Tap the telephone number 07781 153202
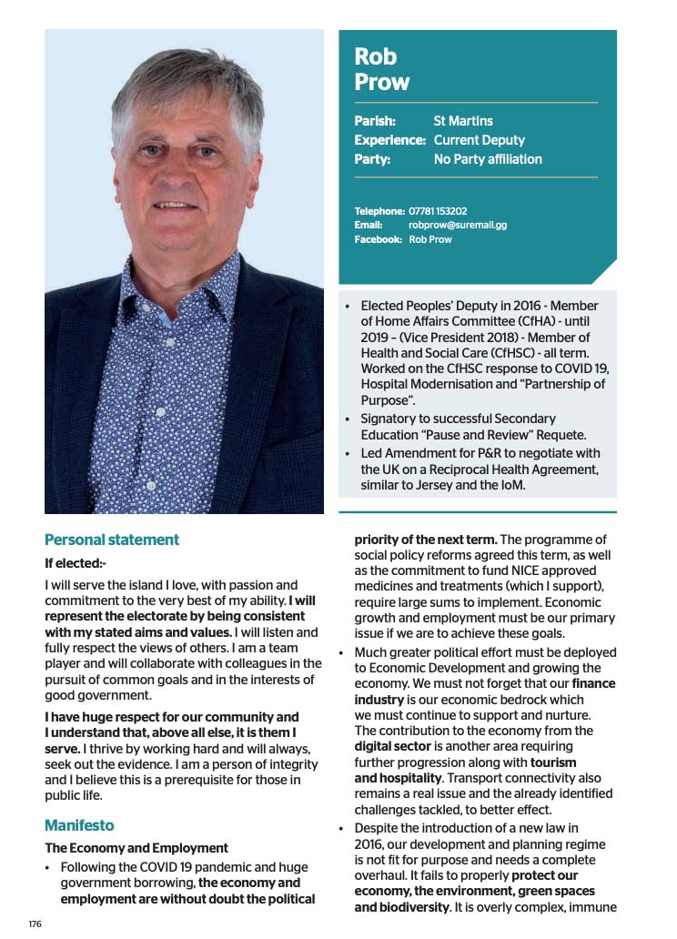pos(438,211)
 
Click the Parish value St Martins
pos(463,120)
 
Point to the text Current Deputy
pos(479,140)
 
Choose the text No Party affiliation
pos(487,159)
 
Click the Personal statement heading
pos(112,540)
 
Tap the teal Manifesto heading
pos(79,825)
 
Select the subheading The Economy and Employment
pos(136,848)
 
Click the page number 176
pos(35,924)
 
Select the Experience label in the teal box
pos(389,140)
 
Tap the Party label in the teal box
pos(372,159)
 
